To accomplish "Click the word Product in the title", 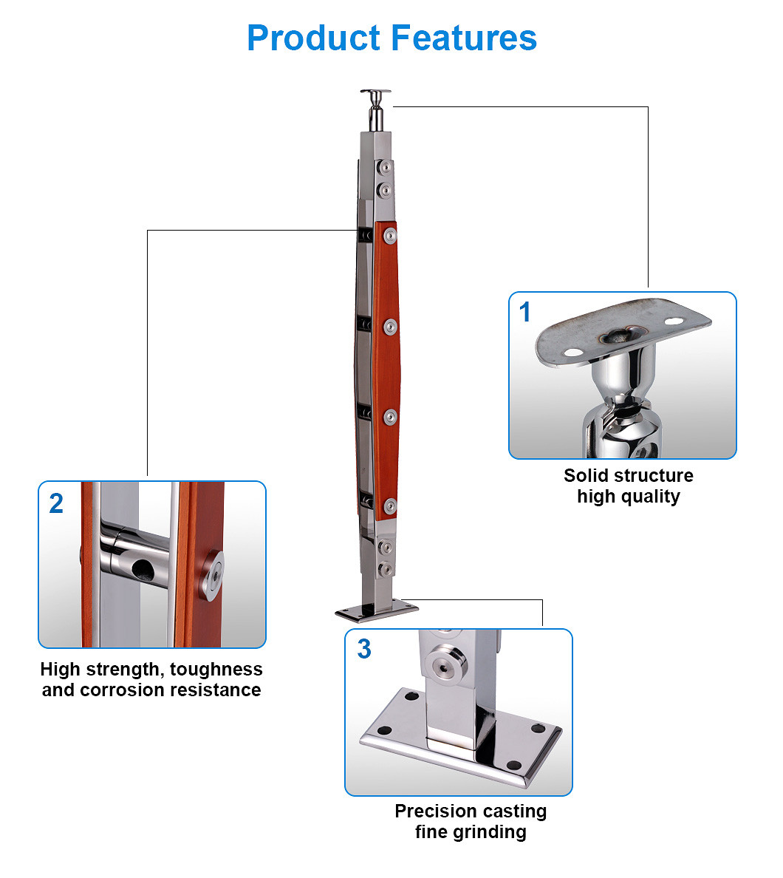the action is click(x=314, y=38).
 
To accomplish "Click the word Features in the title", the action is click(x=464, y=38).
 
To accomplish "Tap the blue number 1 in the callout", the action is click(x=524, y=313).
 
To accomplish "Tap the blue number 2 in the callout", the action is click(x=56, y=503).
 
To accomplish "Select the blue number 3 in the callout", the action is click(x=364, y=650).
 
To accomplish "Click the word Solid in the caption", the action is click(x=586, y=475).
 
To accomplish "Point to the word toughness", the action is click(x=216, y=670).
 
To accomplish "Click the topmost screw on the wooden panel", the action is click(x=389, y=236).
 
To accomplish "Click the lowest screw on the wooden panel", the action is click(x=390, y=506).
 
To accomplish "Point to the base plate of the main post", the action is click(x=377, y=610).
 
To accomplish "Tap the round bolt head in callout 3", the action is click(x=445, y=667).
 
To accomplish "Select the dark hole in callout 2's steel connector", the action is click(x=142, y=569).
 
